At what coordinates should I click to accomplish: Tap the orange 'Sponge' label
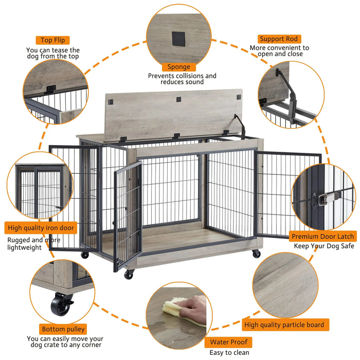[178, 67]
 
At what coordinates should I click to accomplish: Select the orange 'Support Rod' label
[279, 39]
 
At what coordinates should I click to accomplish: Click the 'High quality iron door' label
[41, 227]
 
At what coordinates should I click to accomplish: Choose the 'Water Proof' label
[228, 342]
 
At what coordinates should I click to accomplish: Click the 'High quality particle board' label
[284, 325]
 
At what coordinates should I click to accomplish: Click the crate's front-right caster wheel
[256, 254]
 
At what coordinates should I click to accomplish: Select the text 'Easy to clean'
[229, 352]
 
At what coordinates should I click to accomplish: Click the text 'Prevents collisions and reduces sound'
[182, 79]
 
